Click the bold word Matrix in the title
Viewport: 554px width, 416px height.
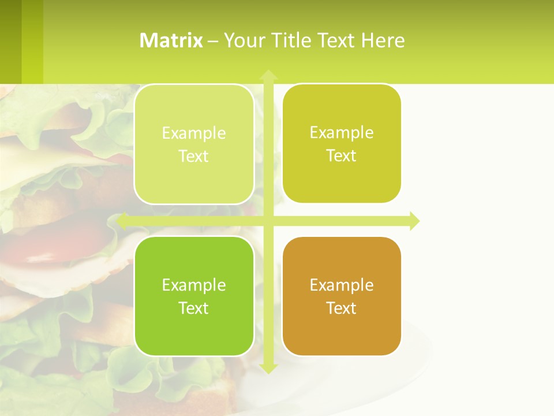pos(171,40)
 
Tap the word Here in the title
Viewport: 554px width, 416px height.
pos(383,40)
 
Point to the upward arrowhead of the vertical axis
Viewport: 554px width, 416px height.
pos(268,75)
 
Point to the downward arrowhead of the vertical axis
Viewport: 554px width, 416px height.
pos(268,368)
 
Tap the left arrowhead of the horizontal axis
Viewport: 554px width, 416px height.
pos(122,221)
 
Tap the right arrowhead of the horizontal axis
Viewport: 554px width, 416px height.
pos(414,221)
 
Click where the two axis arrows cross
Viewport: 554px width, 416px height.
pos(268,221)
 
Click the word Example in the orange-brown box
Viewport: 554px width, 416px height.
pos(342,285)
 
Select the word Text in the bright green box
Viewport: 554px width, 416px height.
pos(193,308)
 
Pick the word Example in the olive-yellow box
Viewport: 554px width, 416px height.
pos(342,132)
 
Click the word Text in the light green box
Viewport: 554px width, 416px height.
pos(193,156)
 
